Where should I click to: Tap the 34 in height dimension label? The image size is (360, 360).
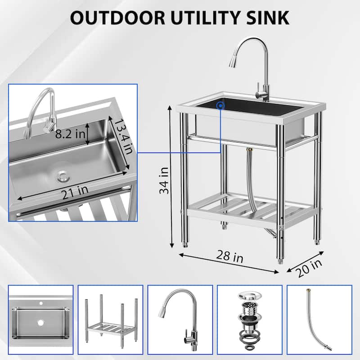pos(164,180)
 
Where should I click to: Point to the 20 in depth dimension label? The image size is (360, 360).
pos(310,269)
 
